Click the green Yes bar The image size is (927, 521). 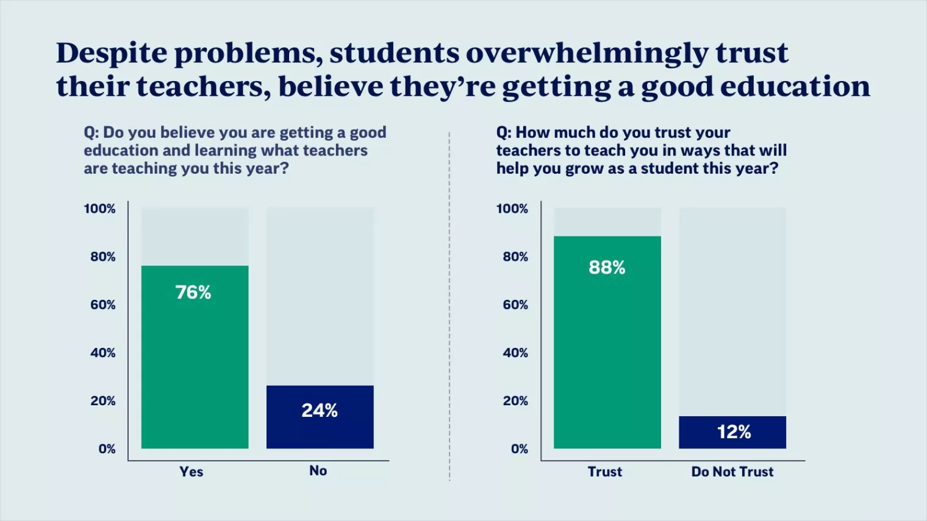[x=195, y=366]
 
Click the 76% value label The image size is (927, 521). [x=193, y=292]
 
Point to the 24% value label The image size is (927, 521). [x=320, y=410]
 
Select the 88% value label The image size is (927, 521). [x=607, y=268]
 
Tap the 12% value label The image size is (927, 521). [x=734, y=432]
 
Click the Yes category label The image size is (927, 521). [x=191, y=472]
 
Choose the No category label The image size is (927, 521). [x=318, y=470]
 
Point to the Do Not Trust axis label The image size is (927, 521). [x=732, y=472]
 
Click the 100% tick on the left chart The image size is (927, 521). [x=99, y=209]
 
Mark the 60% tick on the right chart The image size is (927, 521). [x=515, y=305]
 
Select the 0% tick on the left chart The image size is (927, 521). [x=107, y=449]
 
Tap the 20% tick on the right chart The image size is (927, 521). [x=515, y=401]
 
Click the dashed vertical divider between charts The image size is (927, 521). [x=449, y=305]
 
